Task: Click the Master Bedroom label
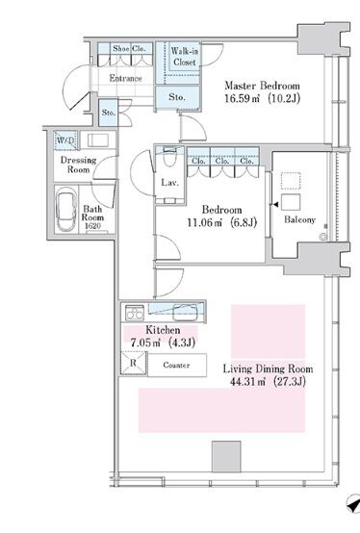[x=262, y=86]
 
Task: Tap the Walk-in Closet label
[x=185, y=57]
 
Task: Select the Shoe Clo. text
[x=129, y=49]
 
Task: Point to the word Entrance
[x=125, y=79]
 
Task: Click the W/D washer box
[x=65, y=140]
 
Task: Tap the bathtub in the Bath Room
[x=66, y=213]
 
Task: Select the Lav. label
[x=169, y=183]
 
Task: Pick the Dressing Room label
[x=78, y=165]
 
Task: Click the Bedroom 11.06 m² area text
[x=222, y=223]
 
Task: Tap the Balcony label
[x=299, y=220]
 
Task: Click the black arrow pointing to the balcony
[x=275, y=205]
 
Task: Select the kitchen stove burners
[x=135, y=313]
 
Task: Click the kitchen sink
[x=185, y=313]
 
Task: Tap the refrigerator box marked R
[x=133, y=363]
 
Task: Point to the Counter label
[x=176, y=365]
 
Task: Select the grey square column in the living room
[x=226, y=457]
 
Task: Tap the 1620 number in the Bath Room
[x=92, y=226]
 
